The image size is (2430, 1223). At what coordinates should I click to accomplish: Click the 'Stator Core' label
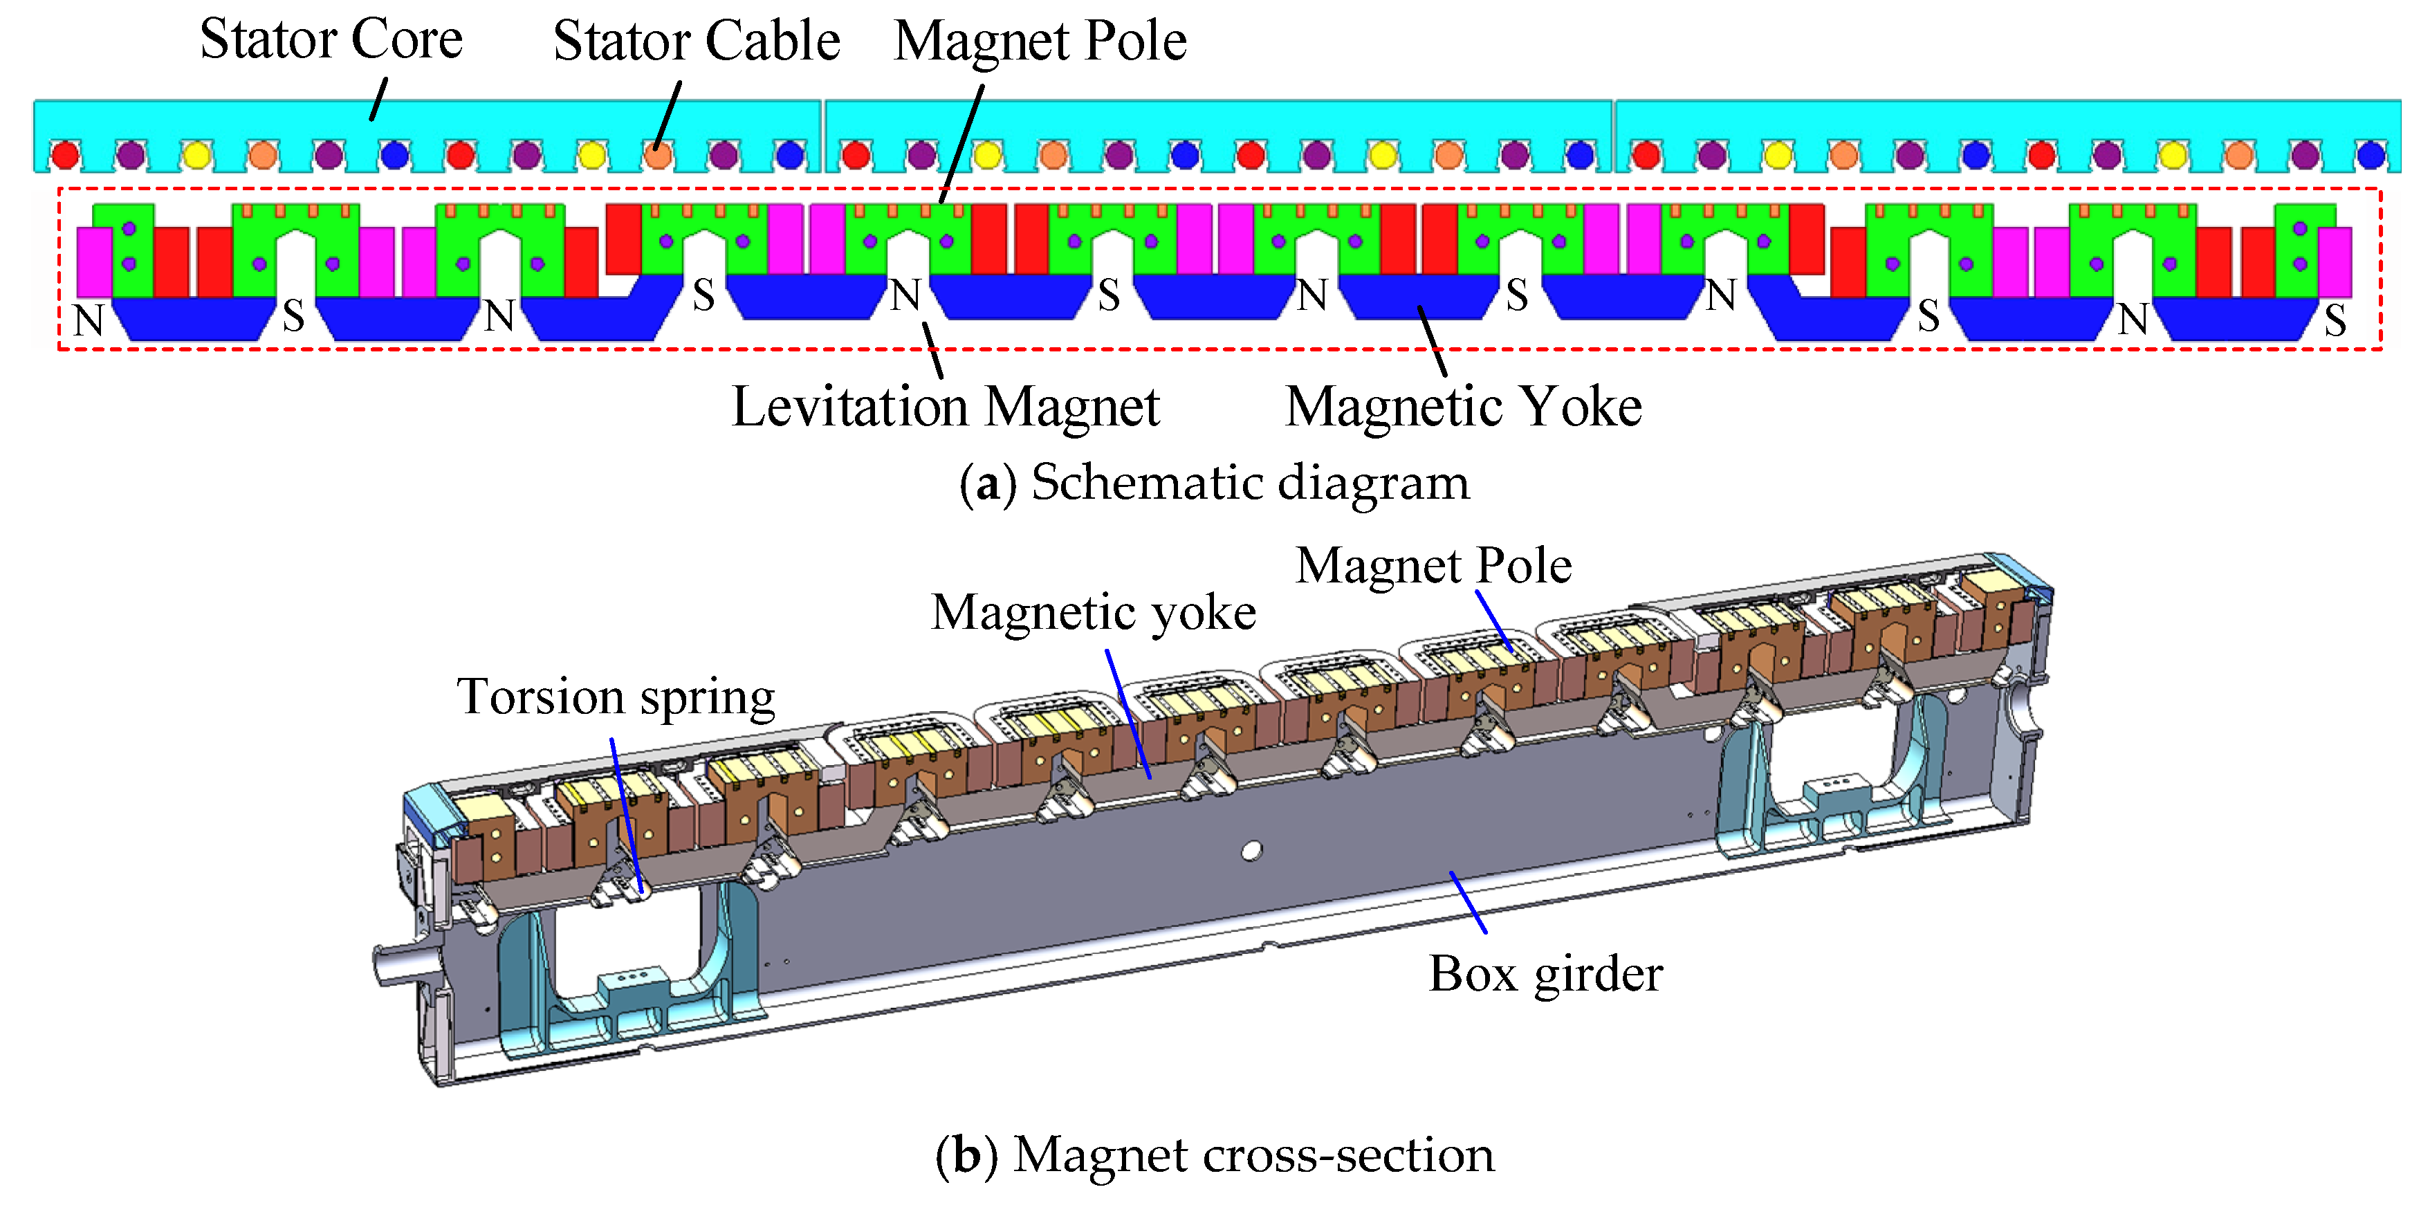pos(331,39)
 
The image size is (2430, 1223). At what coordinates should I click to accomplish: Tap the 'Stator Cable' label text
pos(696,41)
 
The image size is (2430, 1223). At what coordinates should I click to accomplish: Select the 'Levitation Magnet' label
pos(945,407)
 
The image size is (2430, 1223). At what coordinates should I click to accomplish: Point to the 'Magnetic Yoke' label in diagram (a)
pos(1463,407)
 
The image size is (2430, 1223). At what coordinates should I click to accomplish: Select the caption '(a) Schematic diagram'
pos(1214,482)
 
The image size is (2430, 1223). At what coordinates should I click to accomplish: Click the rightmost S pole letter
pos(2335,321)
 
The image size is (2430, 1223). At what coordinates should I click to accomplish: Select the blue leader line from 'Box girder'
pos(1468,902)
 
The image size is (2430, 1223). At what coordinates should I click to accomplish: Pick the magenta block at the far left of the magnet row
pos(93,261)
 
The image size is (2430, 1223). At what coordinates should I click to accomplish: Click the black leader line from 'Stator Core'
pos(378,99)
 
